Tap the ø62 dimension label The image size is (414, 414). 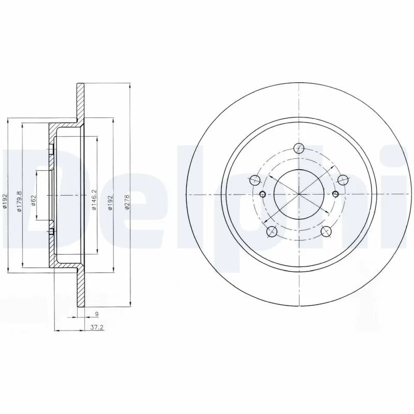coord(33,200)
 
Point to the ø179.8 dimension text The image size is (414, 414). coord(19,200)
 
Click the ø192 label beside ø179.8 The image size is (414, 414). coord(4,201)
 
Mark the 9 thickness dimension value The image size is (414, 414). coord(97,314)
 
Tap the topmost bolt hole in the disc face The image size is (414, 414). coord(299,149)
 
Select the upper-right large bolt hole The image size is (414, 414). coord(342,180)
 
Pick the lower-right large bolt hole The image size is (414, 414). coord(326,231)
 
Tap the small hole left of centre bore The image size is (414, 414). coord(261,195)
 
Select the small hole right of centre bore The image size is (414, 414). coord(336,194)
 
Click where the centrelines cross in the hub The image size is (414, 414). coord(299,194)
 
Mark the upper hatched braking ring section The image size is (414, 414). coord(80,101)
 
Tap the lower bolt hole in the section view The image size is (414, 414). coord(51,232)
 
